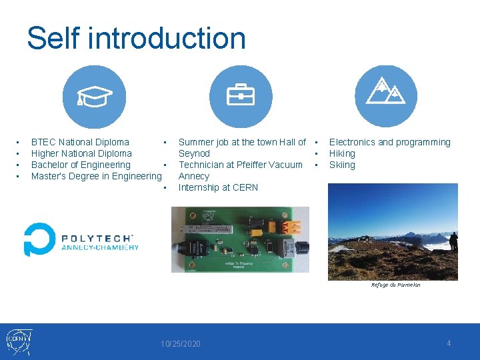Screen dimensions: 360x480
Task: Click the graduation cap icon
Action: [94, 97]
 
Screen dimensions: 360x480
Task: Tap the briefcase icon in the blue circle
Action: [241, 97]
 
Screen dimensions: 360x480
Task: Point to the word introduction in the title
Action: [167, 38]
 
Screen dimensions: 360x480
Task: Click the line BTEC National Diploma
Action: [80, 142]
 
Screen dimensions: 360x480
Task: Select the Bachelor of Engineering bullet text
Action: [81, 165]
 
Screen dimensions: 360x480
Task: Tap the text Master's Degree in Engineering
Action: [96, 176]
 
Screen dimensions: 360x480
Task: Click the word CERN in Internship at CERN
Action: [245, 187]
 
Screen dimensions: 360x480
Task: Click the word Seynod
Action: [194, 153]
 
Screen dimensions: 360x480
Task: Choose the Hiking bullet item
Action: [342, 153]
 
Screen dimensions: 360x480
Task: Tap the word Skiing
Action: [342, 165]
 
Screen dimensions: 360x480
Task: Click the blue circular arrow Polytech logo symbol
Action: [39, 239]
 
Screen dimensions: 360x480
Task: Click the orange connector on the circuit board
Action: [291, 226]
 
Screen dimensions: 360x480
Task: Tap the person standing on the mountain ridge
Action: [453, 241]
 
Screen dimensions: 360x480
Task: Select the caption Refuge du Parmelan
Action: [395, 285]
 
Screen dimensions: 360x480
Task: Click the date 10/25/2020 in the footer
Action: [180, 344]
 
